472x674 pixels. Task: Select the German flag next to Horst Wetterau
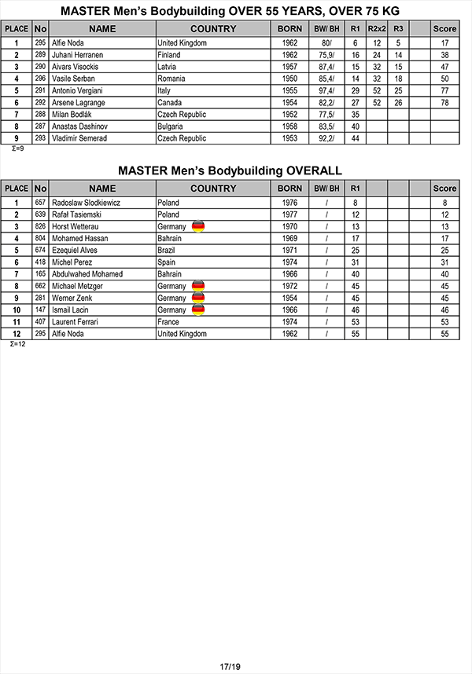tap(198, 226)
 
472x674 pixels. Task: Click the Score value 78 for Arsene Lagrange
tap(444, 103)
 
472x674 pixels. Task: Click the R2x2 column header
tap(377, 29)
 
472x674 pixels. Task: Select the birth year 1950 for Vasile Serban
tap(289, 79)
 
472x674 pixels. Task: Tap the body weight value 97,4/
tap(326, 91)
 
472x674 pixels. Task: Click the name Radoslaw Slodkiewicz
tap(86, 203)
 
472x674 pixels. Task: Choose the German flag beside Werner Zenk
tap(198, 299)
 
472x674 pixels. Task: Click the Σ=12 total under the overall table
tap(17, 344)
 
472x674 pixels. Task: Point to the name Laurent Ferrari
tap(75, 322)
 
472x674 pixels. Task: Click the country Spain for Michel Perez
tap(167, 262)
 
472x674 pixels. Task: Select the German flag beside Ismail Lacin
tap(198, 310)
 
